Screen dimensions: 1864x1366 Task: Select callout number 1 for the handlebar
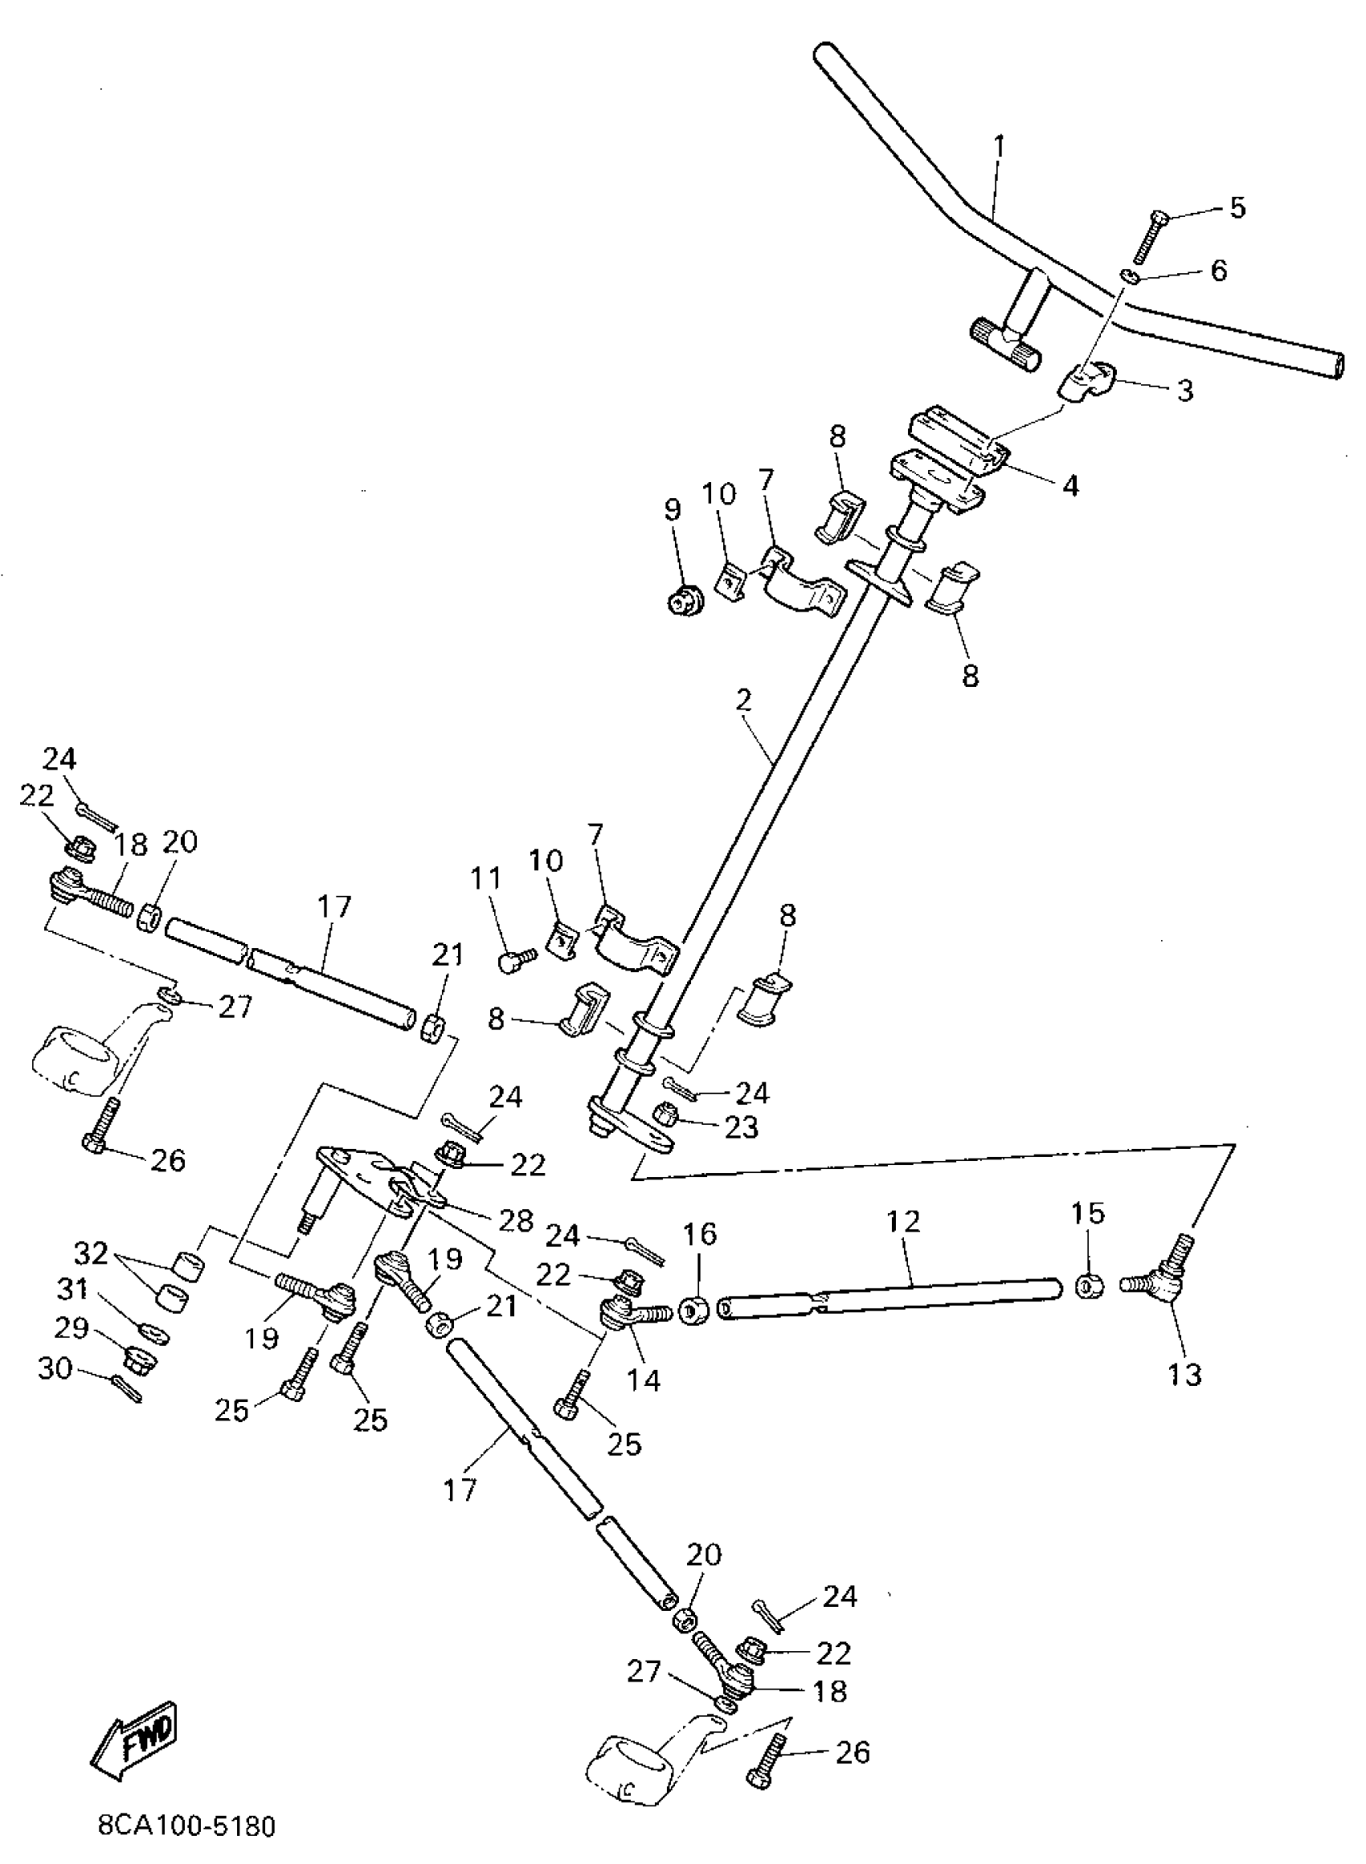[x=999, y=146]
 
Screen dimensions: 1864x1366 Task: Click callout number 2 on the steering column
[x=743, y=700]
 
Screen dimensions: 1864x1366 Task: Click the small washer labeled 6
[x=1131, y=276]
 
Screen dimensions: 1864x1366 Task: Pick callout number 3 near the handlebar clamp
[x=1185, y=390]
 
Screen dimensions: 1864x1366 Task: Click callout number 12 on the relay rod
[x=903, y=1221]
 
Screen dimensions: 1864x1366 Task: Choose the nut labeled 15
[x=1086, y=1287]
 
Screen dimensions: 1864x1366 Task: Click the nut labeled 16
[x=692, y=1310]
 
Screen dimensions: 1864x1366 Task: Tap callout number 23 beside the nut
[x=741, y=1126]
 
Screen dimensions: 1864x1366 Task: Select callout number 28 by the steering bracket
[x=517, y=1221]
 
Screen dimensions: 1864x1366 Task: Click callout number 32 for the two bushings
[x=91, y=1254]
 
